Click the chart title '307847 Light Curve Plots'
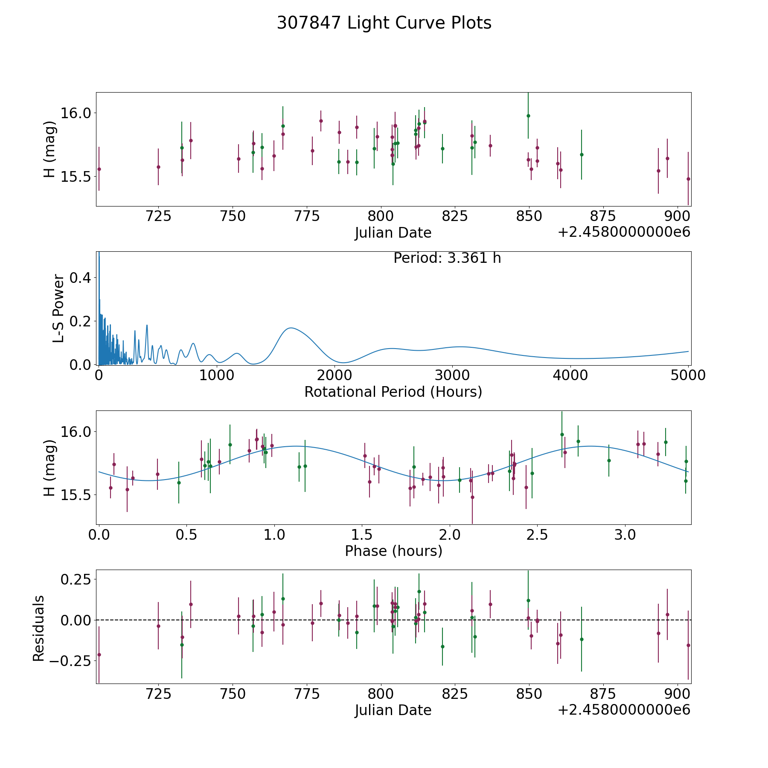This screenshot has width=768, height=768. pos(384,23)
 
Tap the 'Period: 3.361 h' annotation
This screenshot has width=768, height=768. pos(447,258)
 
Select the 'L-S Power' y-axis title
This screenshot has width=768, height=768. pos(58,308)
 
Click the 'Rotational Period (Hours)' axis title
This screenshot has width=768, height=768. pos(393,392)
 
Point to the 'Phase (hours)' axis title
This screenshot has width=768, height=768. pos(393,551)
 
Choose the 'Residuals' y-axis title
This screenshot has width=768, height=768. pos(38,628)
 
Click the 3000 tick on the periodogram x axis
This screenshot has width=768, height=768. pos(453,375)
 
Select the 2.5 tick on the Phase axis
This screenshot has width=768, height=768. pos(537,535)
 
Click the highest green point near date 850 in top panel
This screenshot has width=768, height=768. pos(528,116)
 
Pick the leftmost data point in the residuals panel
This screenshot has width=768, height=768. pos(99,655)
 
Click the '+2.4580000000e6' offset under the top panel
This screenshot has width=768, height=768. pos(624,233)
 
